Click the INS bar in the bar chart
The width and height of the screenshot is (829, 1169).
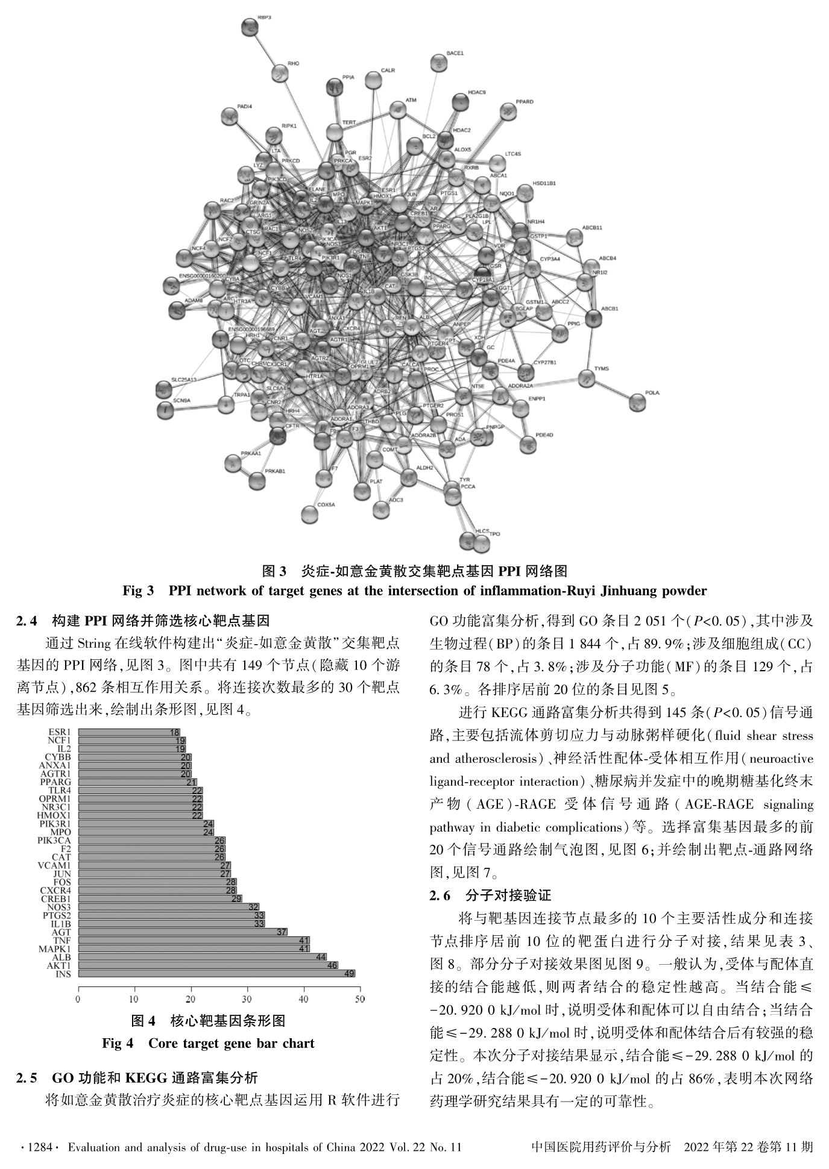point(216,973)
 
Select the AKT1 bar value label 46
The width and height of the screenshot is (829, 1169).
point(332,965)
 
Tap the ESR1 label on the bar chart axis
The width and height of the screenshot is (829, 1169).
point(61,732)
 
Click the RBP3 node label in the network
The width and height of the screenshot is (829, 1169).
point(264,18)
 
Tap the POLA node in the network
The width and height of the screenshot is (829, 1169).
point(637,402)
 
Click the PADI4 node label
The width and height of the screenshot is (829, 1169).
point(244,106)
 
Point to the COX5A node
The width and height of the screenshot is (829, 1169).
point(309,514)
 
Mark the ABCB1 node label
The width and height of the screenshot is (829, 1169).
point(609,309)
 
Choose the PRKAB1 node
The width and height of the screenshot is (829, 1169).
point(257,480)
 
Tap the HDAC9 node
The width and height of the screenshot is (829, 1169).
point(461,101)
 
